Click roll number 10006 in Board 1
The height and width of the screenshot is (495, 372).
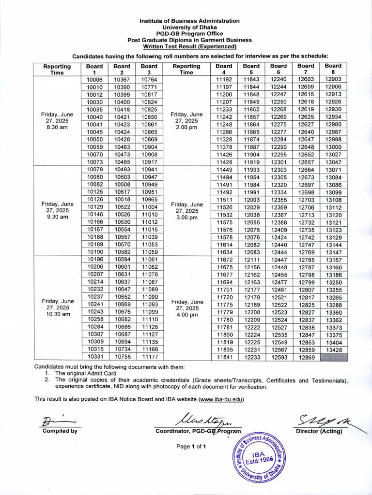point(94,79)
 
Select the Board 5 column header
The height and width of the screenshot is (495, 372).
point(251,69)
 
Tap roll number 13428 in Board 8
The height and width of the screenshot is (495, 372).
point(333,349)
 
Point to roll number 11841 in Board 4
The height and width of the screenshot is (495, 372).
point(224,358)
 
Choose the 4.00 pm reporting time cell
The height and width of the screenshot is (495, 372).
point(186,308)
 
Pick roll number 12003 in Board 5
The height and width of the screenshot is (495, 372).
point(251,200)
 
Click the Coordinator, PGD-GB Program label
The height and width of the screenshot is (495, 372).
point(198,431)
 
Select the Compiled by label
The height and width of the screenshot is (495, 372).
point(60,431)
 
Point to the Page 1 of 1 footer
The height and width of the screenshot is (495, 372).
point(191,446)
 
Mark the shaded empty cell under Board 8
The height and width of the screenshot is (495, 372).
point(333,358)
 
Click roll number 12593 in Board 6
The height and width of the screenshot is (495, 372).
point(279,358)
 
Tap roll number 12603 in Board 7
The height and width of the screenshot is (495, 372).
point(306,79)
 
